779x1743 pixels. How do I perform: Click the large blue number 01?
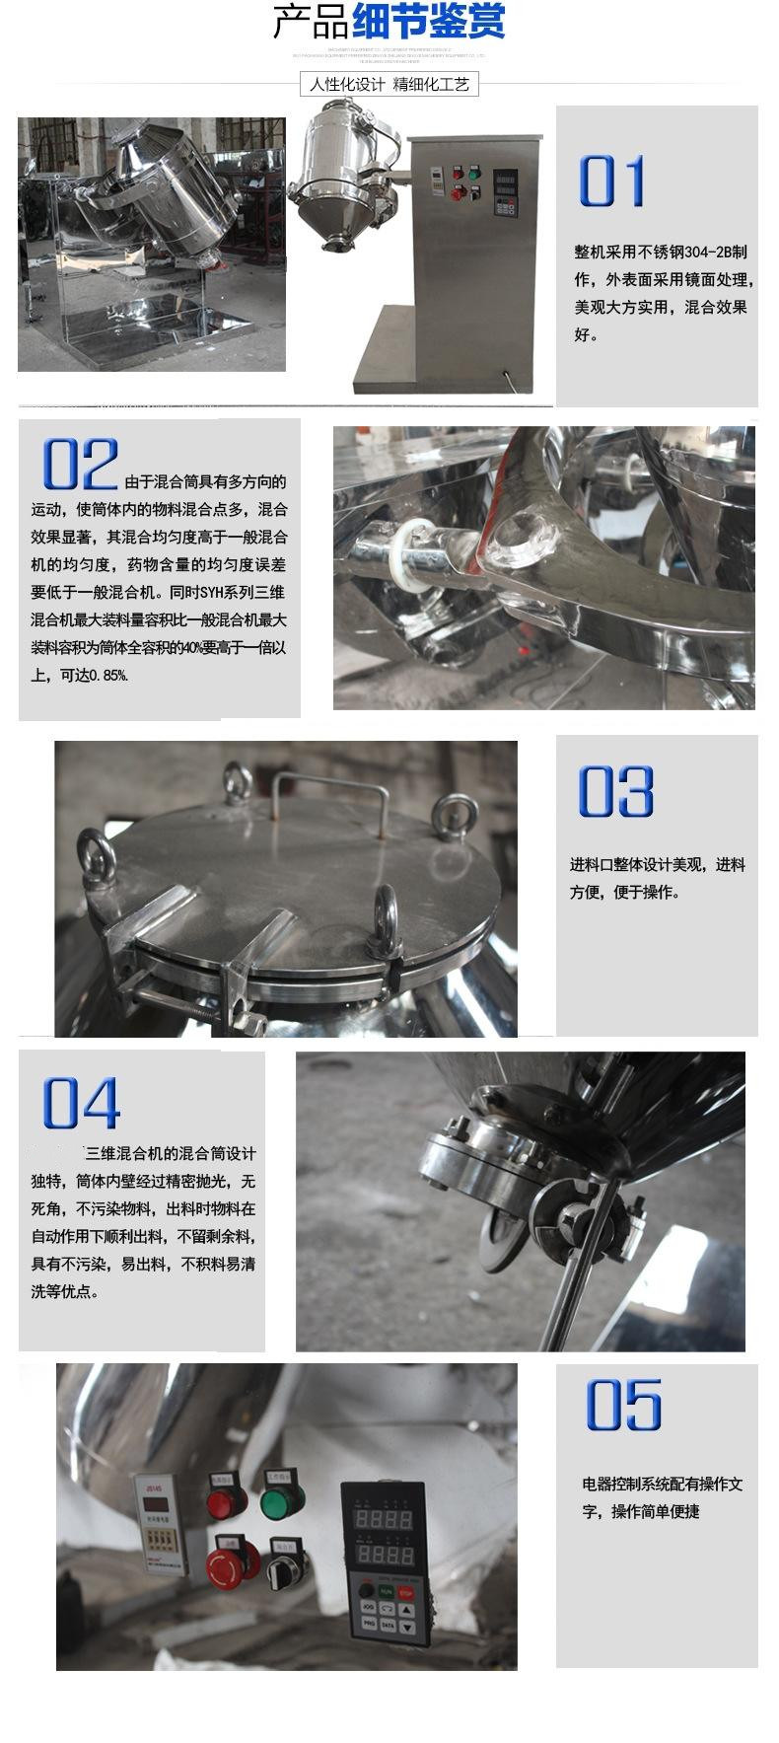coord(611,182)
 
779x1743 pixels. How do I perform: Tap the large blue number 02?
coord(79,465)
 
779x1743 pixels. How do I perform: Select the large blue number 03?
coord(615,791)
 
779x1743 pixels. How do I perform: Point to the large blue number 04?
coord(81,1104)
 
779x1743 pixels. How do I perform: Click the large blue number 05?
coord(623,1406)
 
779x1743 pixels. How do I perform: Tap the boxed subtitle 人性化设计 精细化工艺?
coord(389,85)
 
